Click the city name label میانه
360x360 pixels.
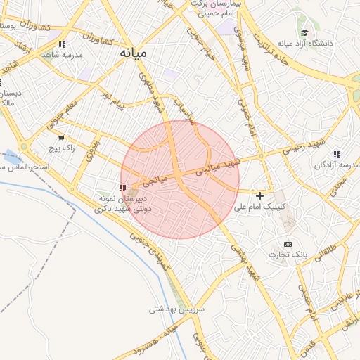(x=133, y=53)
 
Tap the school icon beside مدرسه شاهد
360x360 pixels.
(x=63, y=45)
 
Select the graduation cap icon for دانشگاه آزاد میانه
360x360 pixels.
(x=304, y=32)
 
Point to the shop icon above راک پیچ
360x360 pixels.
(x=62, y=138)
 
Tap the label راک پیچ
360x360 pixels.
(x=60, y=148)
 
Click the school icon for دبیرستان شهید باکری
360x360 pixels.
(x=123, y=188)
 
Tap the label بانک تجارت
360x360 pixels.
(x=286, y=254)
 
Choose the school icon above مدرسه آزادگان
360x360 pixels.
(x=337, y=154)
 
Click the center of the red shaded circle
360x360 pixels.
(x=180, y=179)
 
